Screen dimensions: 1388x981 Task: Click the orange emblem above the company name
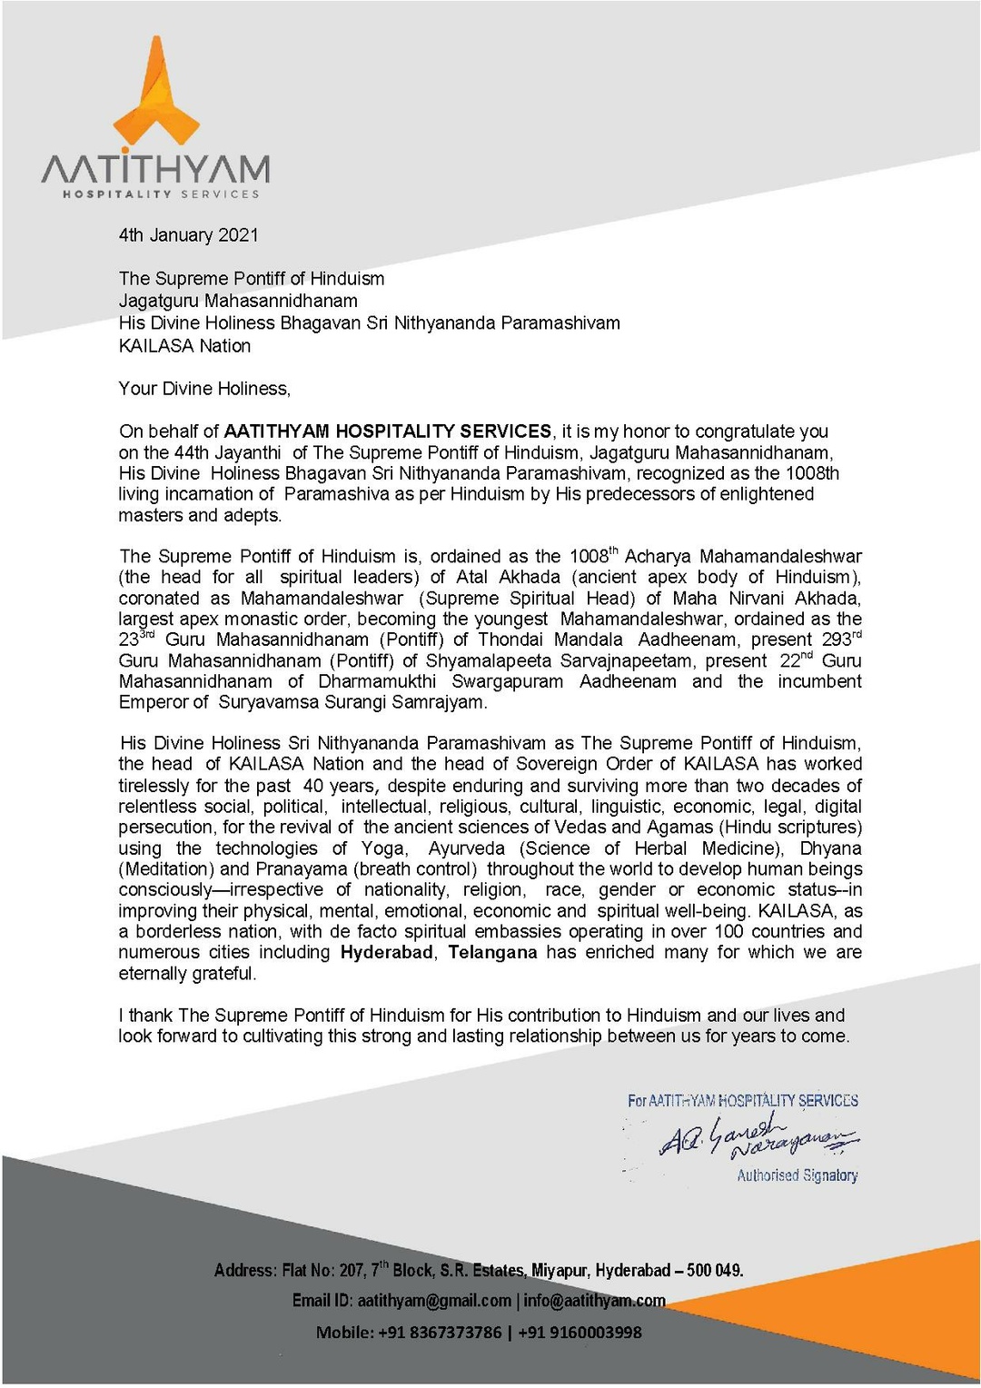tap(155, 95)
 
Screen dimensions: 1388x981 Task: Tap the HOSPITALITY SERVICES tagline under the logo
tap(161, 193)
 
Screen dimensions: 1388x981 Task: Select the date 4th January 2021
tap(188, 235)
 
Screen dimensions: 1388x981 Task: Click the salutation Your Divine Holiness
tap(204, 389)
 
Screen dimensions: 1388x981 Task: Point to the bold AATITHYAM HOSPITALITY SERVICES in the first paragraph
tap(388, 431)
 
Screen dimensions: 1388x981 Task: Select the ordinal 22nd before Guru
tap(796, 660)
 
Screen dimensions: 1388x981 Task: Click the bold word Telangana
tap(492, 953)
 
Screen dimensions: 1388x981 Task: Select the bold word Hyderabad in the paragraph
tap(386, 953)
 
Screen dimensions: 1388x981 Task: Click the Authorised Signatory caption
tap(797, 1175)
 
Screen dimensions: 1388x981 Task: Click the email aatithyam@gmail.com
tap(434, 1301)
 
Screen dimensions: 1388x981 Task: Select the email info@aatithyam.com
tap(594, 1301)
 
